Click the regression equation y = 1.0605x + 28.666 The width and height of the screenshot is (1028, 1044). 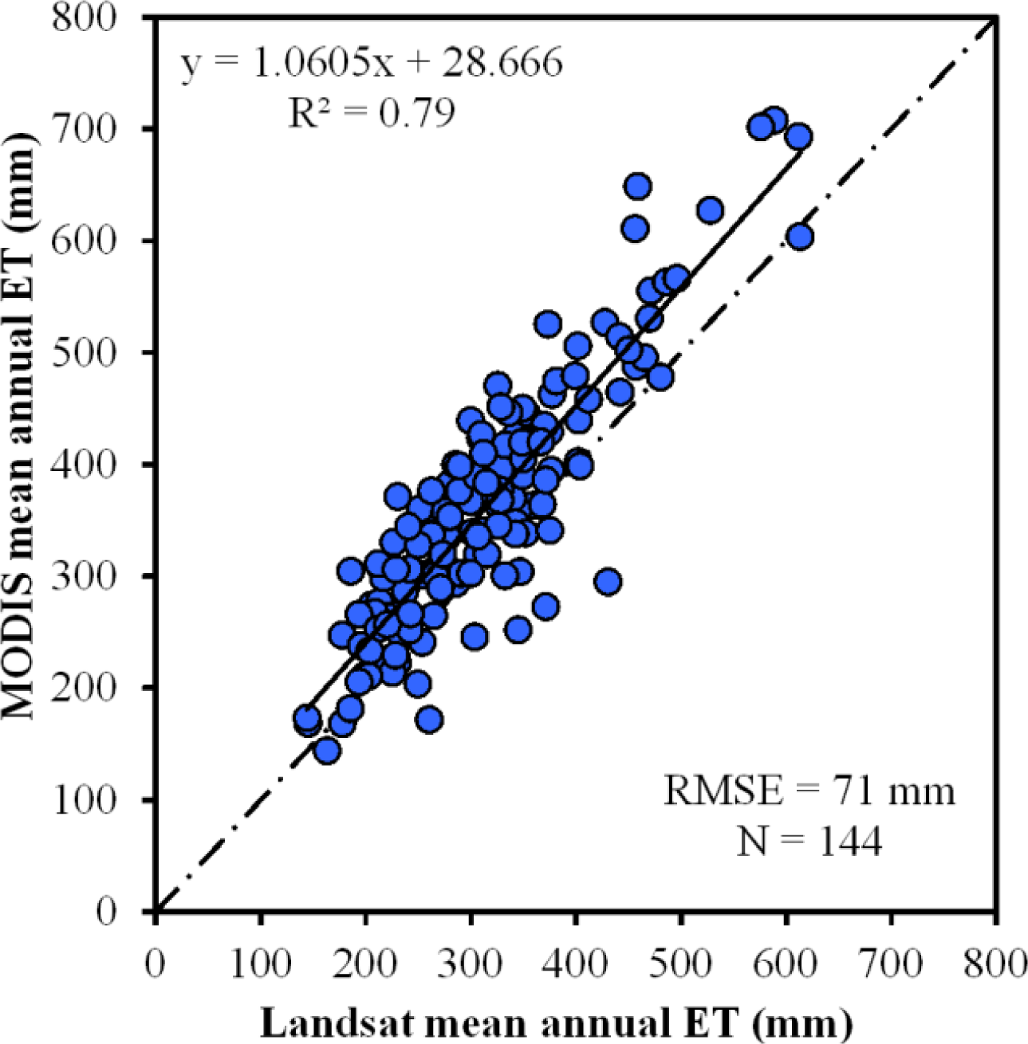pos(372,63)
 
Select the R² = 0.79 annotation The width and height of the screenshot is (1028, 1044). pos(372,112)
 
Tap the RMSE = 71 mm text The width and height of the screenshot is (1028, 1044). pos(809,791)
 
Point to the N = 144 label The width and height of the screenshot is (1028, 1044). pos(809,842)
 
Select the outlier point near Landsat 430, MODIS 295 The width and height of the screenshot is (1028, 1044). pos(608,582)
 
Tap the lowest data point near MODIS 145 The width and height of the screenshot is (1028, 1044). pos(327,750)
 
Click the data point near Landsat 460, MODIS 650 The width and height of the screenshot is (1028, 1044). pos(638,186)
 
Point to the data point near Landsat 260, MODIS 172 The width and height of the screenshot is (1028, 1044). pos(429,720)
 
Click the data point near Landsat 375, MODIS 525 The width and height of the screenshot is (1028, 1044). pos(548,324)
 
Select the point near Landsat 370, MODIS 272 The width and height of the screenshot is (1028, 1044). pos(545,607)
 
